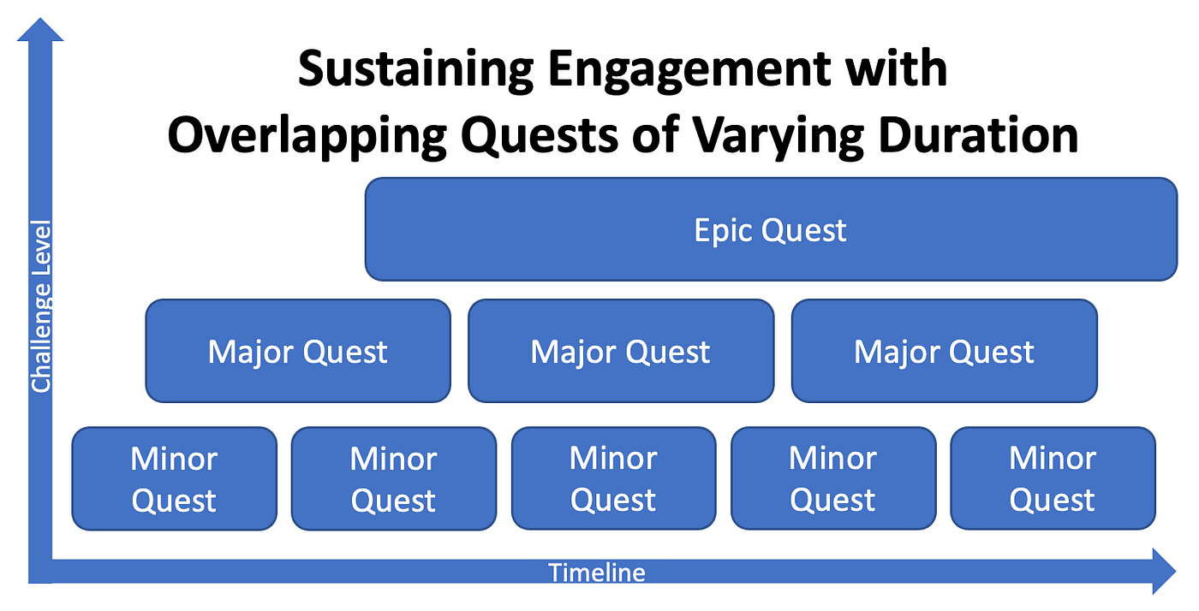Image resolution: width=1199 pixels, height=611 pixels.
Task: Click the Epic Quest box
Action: coord(771,229)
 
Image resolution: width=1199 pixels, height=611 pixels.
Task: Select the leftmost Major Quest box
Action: coord(298,351)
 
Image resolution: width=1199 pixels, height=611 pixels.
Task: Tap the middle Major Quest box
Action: coord(621,351)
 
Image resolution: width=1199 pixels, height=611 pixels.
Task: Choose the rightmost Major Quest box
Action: coord(944,351)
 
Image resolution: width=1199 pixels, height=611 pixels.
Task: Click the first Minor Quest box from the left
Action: coord(175,478)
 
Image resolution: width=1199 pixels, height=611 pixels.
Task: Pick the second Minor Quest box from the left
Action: coord(394,478)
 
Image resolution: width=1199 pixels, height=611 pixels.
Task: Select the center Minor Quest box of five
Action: coord(614,478)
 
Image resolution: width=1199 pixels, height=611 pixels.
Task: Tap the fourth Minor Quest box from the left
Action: coord(833,478)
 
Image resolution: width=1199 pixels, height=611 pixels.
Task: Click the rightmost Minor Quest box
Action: coord(1053,478)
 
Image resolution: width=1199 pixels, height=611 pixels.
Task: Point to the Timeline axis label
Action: coord(597,572)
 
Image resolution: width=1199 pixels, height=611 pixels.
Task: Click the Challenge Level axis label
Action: coord(41,306)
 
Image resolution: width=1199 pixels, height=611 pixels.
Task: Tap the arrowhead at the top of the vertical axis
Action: coord(40,29)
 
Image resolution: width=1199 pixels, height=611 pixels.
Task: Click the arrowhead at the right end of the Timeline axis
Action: coord(1164,571)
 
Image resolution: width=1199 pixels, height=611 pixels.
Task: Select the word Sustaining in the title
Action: coord(416,70)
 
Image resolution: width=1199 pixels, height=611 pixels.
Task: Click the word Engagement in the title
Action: coord(689,70)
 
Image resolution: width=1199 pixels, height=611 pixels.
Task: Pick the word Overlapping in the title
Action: coord(307,136)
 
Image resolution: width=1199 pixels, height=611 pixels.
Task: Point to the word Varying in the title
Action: coord(778,136)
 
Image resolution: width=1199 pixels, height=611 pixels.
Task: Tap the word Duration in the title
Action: coord(978,135)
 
